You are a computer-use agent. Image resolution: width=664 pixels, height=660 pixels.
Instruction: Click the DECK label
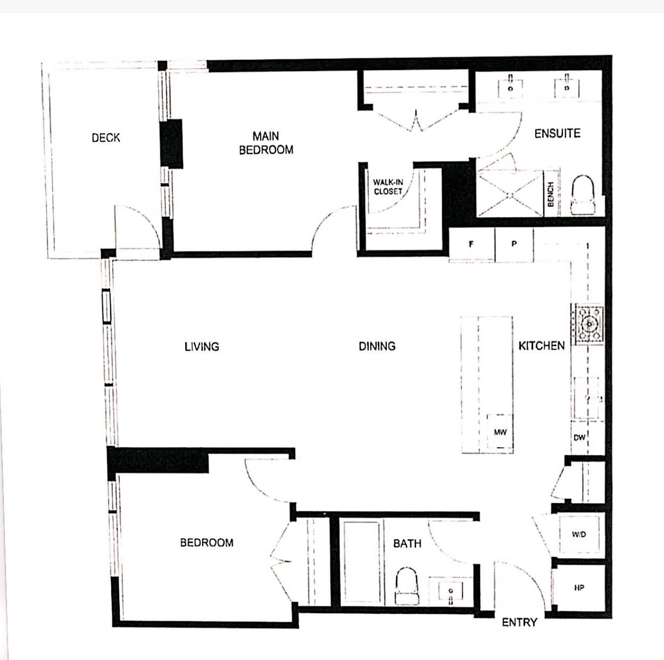coord(106,138)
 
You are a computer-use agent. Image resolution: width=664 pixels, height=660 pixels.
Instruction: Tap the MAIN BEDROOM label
coord(266,143)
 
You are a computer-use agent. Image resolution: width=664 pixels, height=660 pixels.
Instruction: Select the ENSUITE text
coord(557,133)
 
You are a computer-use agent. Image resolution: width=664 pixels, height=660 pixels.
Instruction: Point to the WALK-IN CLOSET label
coord(388,187)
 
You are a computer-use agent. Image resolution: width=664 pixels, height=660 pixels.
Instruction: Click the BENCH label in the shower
coord(550,195)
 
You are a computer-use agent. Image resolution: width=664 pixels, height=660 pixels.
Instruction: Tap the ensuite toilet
coord(583,195)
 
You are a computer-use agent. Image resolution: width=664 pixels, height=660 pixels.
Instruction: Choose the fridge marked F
coord(472,244)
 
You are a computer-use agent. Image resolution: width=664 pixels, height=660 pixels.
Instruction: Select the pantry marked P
coord(514,244)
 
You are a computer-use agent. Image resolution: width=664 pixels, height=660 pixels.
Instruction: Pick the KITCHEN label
coord(542,346)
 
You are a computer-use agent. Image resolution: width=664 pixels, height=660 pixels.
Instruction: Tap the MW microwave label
coord(500,432)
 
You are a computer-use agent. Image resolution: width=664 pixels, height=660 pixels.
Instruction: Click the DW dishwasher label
coord(579,437)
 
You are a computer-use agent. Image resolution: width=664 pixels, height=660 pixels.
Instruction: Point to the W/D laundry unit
coord(579,535)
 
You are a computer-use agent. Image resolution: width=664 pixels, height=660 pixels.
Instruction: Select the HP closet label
coord(579,588)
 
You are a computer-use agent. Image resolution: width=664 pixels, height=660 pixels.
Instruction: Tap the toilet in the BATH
coord(406,585)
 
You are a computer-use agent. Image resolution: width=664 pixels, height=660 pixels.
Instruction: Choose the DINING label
coord(377,346)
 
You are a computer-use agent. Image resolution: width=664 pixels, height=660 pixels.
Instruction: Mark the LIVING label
coord(202,347)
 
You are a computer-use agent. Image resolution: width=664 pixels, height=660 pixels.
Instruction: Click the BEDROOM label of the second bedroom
coord(207,543)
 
